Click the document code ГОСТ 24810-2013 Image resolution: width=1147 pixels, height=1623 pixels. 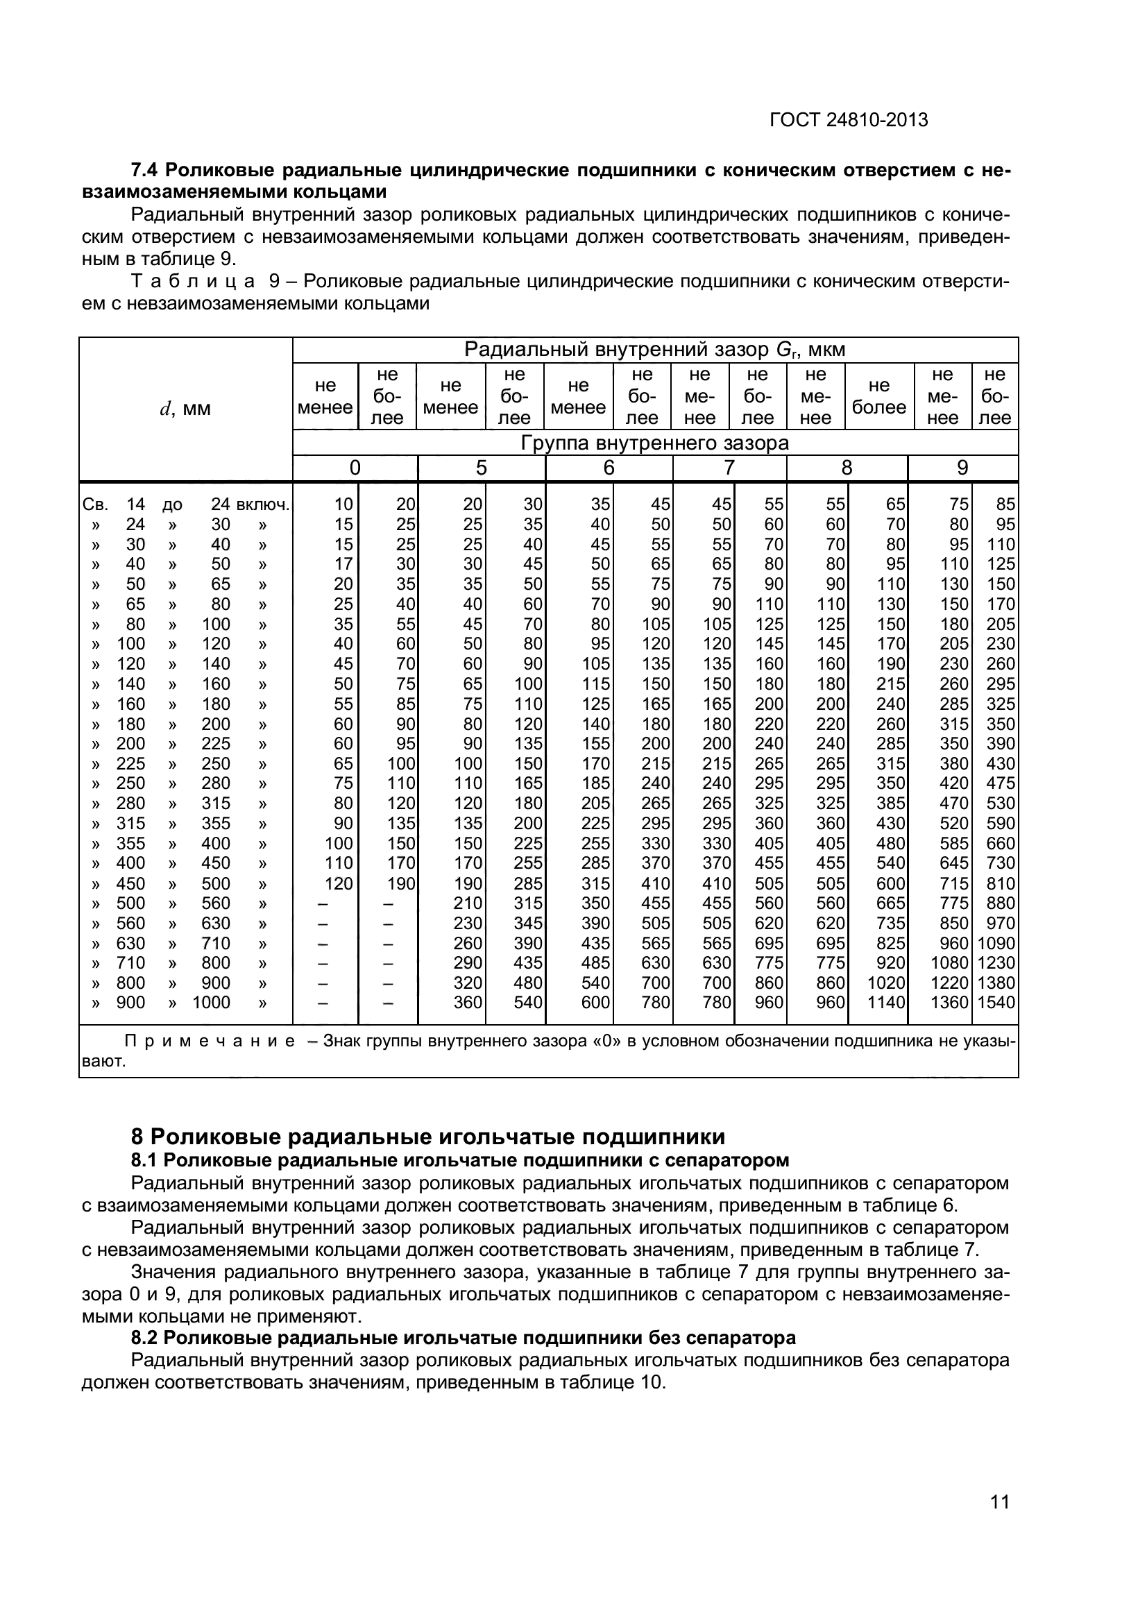coord(848,120)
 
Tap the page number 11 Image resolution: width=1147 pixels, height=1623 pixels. coord(1000,1521)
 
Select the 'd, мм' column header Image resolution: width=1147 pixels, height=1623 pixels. coord(185,409)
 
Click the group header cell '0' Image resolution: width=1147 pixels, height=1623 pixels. coord(355,468)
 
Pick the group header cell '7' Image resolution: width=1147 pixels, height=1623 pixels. coord(729,468)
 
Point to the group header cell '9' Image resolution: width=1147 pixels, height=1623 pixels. coord(962,468)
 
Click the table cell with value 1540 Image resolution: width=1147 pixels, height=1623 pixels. coord(996,1003)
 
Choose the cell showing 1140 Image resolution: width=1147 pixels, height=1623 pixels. coord(886,1003)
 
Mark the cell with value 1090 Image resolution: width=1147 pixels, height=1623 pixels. coord(996,944)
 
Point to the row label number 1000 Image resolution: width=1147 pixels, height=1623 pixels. coord(212,1003)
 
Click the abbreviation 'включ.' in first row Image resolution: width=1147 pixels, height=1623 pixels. coord(263,504)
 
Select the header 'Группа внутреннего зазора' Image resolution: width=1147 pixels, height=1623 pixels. coord(654,443)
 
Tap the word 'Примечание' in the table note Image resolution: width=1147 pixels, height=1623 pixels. coord(209,1042)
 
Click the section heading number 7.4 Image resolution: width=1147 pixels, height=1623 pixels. coord(147,171)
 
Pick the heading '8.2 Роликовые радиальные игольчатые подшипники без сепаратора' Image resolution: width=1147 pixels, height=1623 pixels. coord(463,1337)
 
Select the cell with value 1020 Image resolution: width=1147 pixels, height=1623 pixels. coord(886,983)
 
